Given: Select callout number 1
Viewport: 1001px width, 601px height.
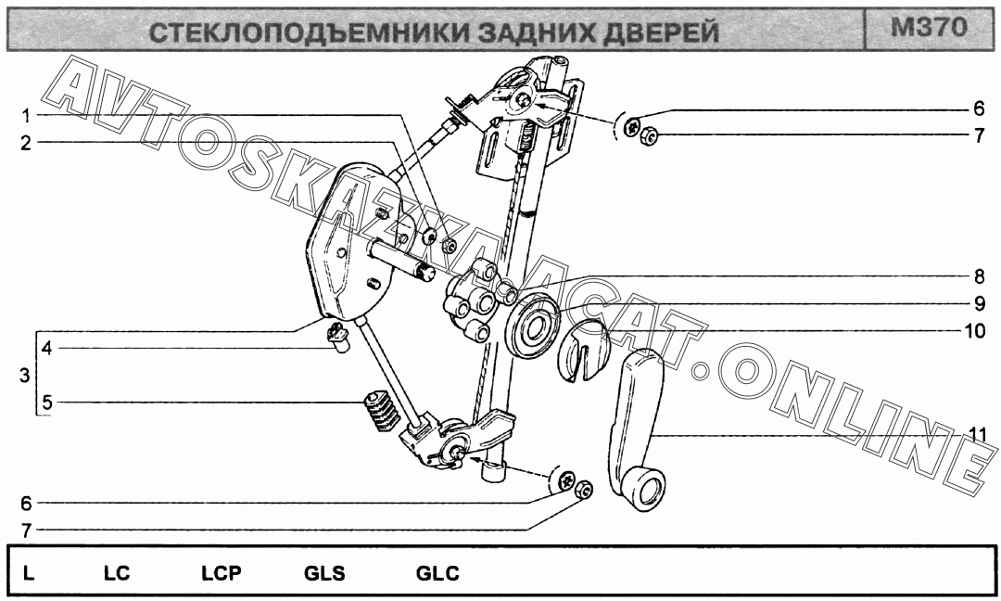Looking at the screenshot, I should (27, 116).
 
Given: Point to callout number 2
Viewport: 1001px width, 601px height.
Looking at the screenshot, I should (27, 143).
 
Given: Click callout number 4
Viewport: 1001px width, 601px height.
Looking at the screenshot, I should (44, 349).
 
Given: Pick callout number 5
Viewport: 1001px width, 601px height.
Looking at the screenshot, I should (44, 403).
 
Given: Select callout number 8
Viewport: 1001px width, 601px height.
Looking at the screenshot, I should (978, 275).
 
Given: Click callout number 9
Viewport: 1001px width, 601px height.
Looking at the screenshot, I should (978, 302).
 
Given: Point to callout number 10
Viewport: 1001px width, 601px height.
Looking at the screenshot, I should (975, 329).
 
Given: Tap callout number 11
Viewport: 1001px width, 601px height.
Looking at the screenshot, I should (975, 434).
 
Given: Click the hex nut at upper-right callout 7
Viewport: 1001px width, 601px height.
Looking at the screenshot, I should (649, 136).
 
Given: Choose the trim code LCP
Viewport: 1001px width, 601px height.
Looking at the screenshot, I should (221, 573).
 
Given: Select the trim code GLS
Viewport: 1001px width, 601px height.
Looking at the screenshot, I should (324, 573).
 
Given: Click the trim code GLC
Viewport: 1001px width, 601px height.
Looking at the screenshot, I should (437, 573).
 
